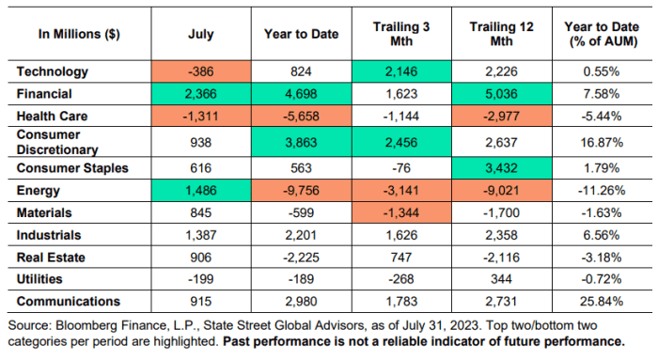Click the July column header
tap(201, 35)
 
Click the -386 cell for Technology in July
tap(201, 71)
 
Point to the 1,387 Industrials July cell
tap(201, 235)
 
